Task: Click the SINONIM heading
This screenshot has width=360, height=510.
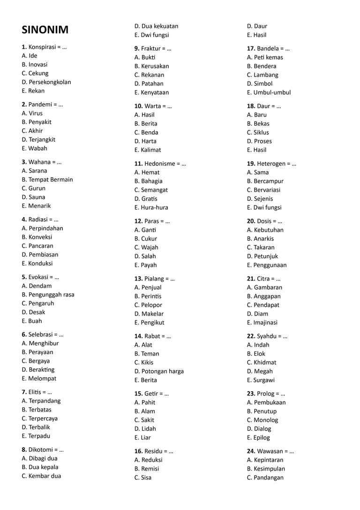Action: click(45, 30)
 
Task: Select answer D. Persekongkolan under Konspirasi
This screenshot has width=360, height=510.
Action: click(46, 82)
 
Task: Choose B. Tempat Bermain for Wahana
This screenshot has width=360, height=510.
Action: click(47, 180)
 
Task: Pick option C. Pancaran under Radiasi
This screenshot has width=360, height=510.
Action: click(37, 246)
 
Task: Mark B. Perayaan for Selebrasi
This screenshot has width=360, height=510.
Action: click(37, 352)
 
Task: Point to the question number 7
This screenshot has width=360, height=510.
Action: click(24, 392)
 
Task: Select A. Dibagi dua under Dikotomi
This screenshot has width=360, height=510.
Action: click(40, 458)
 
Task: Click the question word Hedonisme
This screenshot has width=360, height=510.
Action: click(161, 163)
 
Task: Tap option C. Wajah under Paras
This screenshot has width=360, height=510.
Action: click(146, 247)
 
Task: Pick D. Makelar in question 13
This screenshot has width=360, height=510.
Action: click(149, 314)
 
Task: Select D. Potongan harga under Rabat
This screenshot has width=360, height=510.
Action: click(159, 371)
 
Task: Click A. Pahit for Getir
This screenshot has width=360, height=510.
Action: click(145, 403)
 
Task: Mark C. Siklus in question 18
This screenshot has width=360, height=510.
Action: click(258, 132)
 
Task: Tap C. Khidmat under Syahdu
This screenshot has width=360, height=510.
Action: click(262, 362)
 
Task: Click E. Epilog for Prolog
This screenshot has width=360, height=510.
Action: click(258, 438)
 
